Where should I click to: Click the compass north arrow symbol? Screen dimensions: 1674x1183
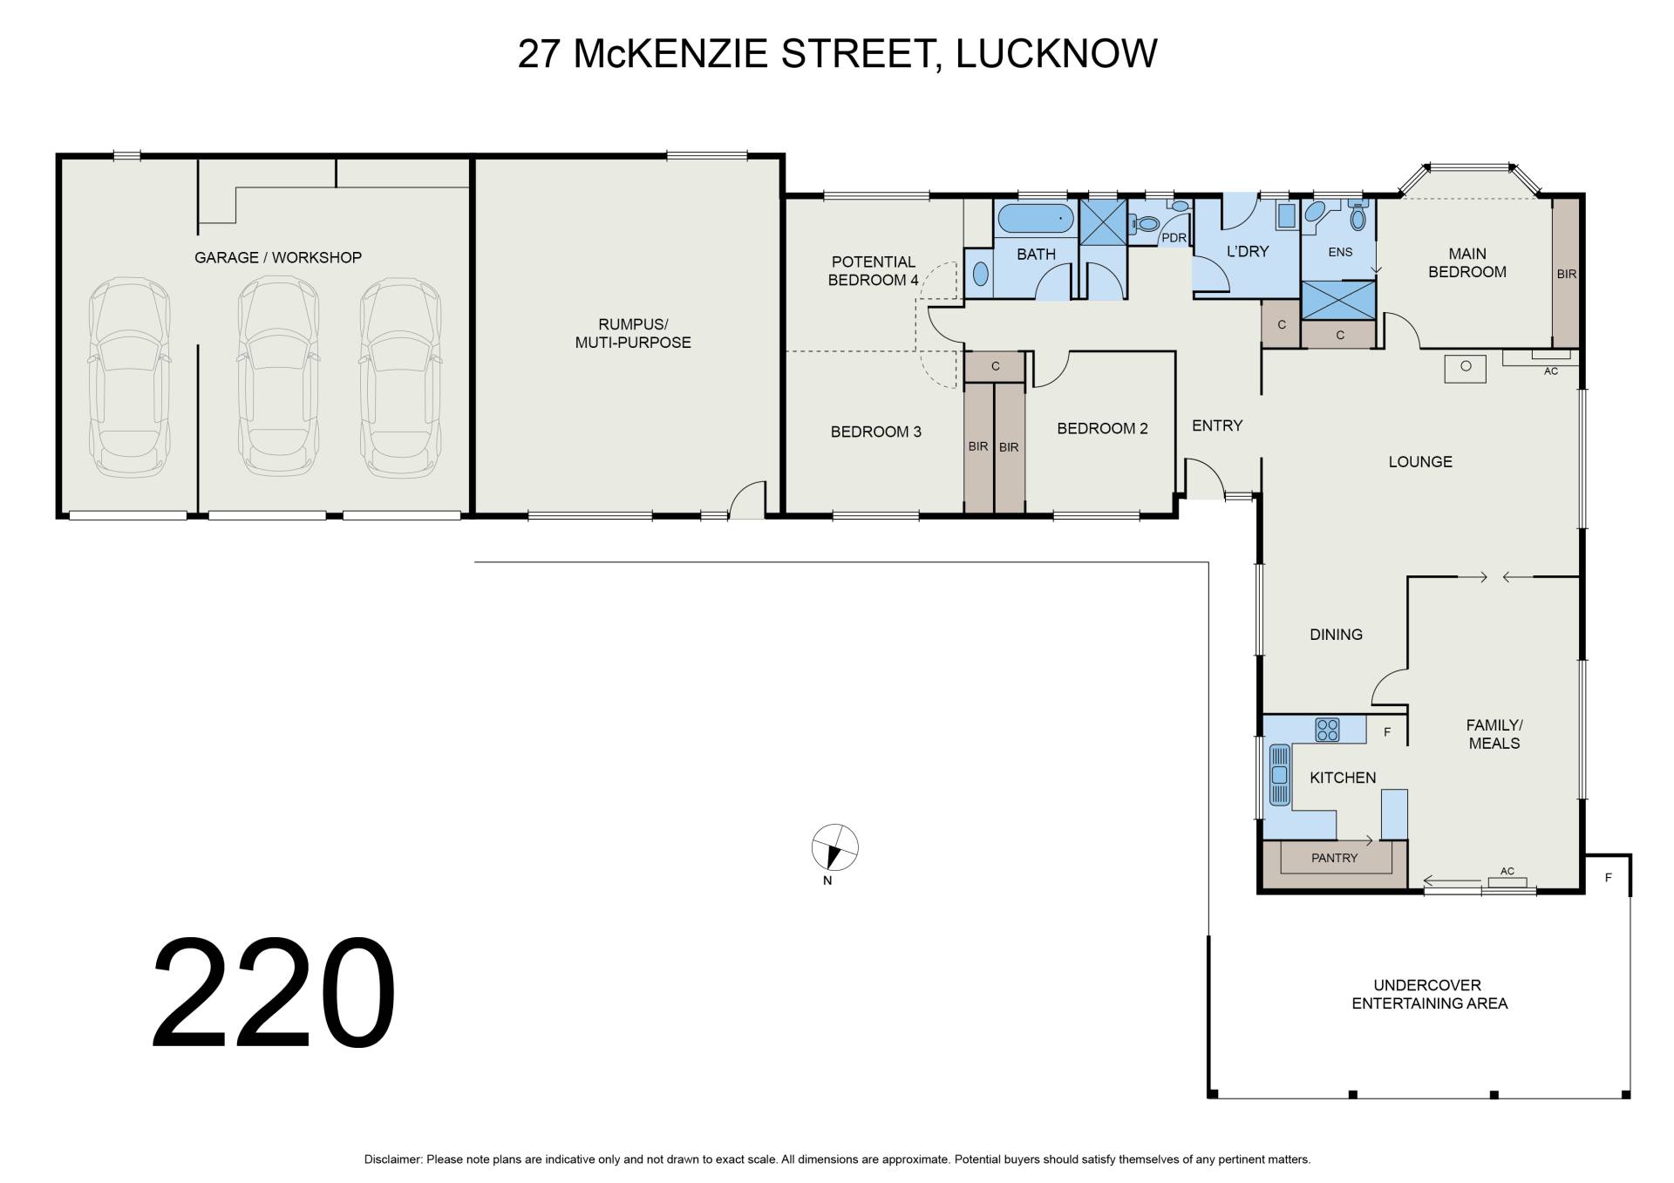(834, 847)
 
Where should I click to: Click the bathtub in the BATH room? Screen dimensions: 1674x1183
(1035, 219)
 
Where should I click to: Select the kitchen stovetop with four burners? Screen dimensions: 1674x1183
(1327, 730)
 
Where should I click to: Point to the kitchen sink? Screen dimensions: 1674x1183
(1279, 774)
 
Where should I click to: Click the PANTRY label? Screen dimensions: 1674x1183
(1334, 858)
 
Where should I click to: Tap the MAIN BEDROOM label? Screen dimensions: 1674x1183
(1467, 262)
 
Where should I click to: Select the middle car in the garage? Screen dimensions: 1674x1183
(279, 376)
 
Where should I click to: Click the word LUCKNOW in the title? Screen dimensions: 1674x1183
(1057, 53)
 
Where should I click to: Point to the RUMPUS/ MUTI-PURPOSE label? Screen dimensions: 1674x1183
(633, 334)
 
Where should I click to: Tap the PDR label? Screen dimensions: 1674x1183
(1174, 238)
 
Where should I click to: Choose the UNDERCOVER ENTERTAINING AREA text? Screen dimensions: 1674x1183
(1429, 994)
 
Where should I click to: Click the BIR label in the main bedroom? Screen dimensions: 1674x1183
(1566, 274)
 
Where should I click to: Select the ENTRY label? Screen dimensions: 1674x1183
(1216, 425)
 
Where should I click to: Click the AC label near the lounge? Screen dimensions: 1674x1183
(1550, 371)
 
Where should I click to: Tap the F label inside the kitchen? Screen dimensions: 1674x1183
(1387, 732)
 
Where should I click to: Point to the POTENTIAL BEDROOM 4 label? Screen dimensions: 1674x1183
(873, 270)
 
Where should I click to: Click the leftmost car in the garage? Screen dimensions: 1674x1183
(129, 377)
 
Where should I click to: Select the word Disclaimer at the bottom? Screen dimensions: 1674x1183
(392, 1159)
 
